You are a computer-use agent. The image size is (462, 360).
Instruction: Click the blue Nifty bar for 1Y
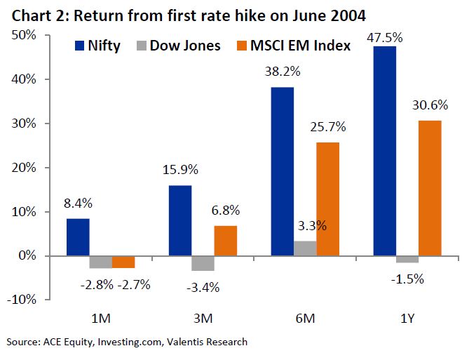pos(385,151)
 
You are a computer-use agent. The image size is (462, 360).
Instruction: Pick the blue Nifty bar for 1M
pos(78,237)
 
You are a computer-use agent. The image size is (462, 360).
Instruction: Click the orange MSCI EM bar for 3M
pos(226,241)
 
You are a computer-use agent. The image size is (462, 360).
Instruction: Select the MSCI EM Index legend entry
pos(297,46)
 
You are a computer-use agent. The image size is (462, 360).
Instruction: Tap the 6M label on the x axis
pos(305,319)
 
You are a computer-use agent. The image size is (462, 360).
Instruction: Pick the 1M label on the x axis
pos(101,319)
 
